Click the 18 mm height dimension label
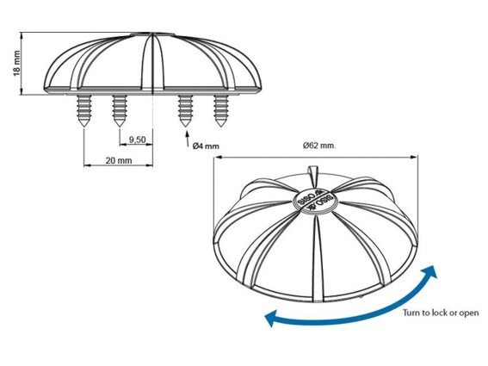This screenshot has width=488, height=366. [16, 63]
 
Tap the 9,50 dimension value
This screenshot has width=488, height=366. [137, 140]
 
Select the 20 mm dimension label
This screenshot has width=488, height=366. [119, 160]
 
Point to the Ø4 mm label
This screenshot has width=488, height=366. [206, 146]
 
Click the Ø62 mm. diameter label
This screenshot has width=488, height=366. [319, 146]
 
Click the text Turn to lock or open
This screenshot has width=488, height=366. [441, 313]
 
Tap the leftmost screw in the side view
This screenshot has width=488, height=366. [84, 110]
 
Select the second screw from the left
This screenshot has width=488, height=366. [120, 110]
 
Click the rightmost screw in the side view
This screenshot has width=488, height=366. [220, 110]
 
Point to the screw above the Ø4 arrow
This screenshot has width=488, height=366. [185, 110]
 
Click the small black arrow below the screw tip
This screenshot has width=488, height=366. [188, 139]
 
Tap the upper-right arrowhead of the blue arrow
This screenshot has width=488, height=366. [430, 272]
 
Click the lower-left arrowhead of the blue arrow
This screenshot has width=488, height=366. [271, 318]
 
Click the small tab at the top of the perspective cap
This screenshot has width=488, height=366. [312, 171]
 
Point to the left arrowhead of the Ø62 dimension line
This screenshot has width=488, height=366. [217, 158]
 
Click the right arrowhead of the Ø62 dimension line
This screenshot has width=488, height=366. [414, 158]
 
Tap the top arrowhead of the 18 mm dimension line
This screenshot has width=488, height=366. [22, 35]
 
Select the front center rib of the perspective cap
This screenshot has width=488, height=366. [317, 258]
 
